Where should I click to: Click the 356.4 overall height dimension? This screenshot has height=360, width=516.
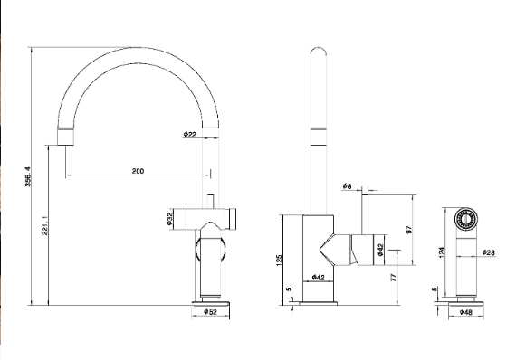coord(28,176)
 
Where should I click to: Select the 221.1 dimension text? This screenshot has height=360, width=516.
coord(45,225)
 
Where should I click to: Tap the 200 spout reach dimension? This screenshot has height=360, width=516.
coord(138,171)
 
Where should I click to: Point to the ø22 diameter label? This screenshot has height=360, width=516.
coord(190,134)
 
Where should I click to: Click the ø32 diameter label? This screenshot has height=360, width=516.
coord(169,219)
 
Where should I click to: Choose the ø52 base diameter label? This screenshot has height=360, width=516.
coord(211,312)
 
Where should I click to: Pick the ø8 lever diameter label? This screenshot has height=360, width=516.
coord(347,186)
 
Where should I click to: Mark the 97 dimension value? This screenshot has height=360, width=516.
coord(409,230)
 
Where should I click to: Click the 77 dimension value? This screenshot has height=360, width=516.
coord(394,278)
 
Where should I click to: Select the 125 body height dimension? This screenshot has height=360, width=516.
coord(280,261)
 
